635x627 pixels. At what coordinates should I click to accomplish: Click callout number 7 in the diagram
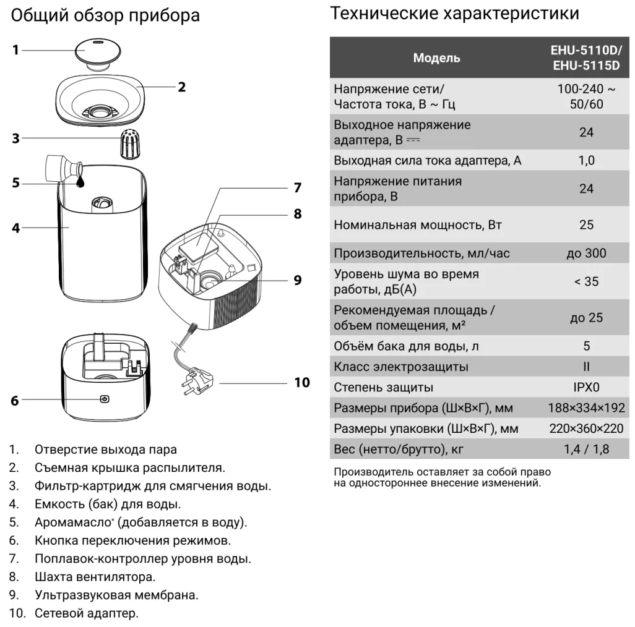coord(297,187)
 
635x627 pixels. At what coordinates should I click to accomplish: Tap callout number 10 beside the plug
coord(301,382)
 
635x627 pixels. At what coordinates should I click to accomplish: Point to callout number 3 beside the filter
coord(16,139)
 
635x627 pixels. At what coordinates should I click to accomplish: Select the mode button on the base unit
coord(105,399)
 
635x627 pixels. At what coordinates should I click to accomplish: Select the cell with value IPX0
coord(586,388)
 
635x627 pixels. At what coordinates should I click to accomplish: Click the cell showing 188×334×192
coord(586,408)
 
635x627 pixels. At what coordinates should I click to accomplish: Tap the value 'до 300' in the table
coord(586,254)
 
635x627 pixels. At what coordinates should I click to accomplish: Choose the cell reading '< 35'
coord(586,281)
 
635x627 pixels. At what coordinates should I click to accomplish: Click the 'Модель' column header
coord(436,58)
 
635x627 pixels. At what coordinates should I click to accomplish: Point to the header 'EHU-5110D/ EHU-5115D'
coord(586,58)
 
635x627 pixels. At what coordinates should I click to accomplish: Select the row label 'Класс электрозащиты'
coord(401,367)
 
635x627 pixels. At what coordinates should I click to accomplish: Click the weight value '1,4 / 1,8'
coord(586,450)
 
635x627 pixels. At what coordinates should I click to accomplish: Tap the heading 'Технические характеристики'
coord(455,13)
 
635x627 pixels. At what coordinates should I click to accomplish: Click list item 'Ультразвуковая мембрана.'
coord(116,596)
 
